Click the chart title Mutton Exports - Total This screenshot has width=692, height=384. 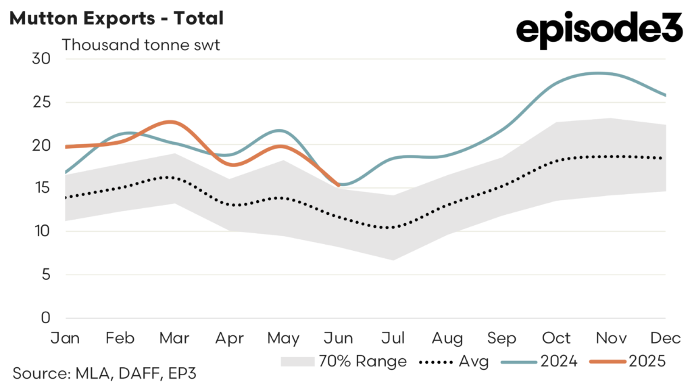116,19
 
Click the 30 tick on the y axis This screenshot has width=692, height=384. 41,59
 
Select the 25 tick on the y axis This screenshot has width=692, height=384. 41,102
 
